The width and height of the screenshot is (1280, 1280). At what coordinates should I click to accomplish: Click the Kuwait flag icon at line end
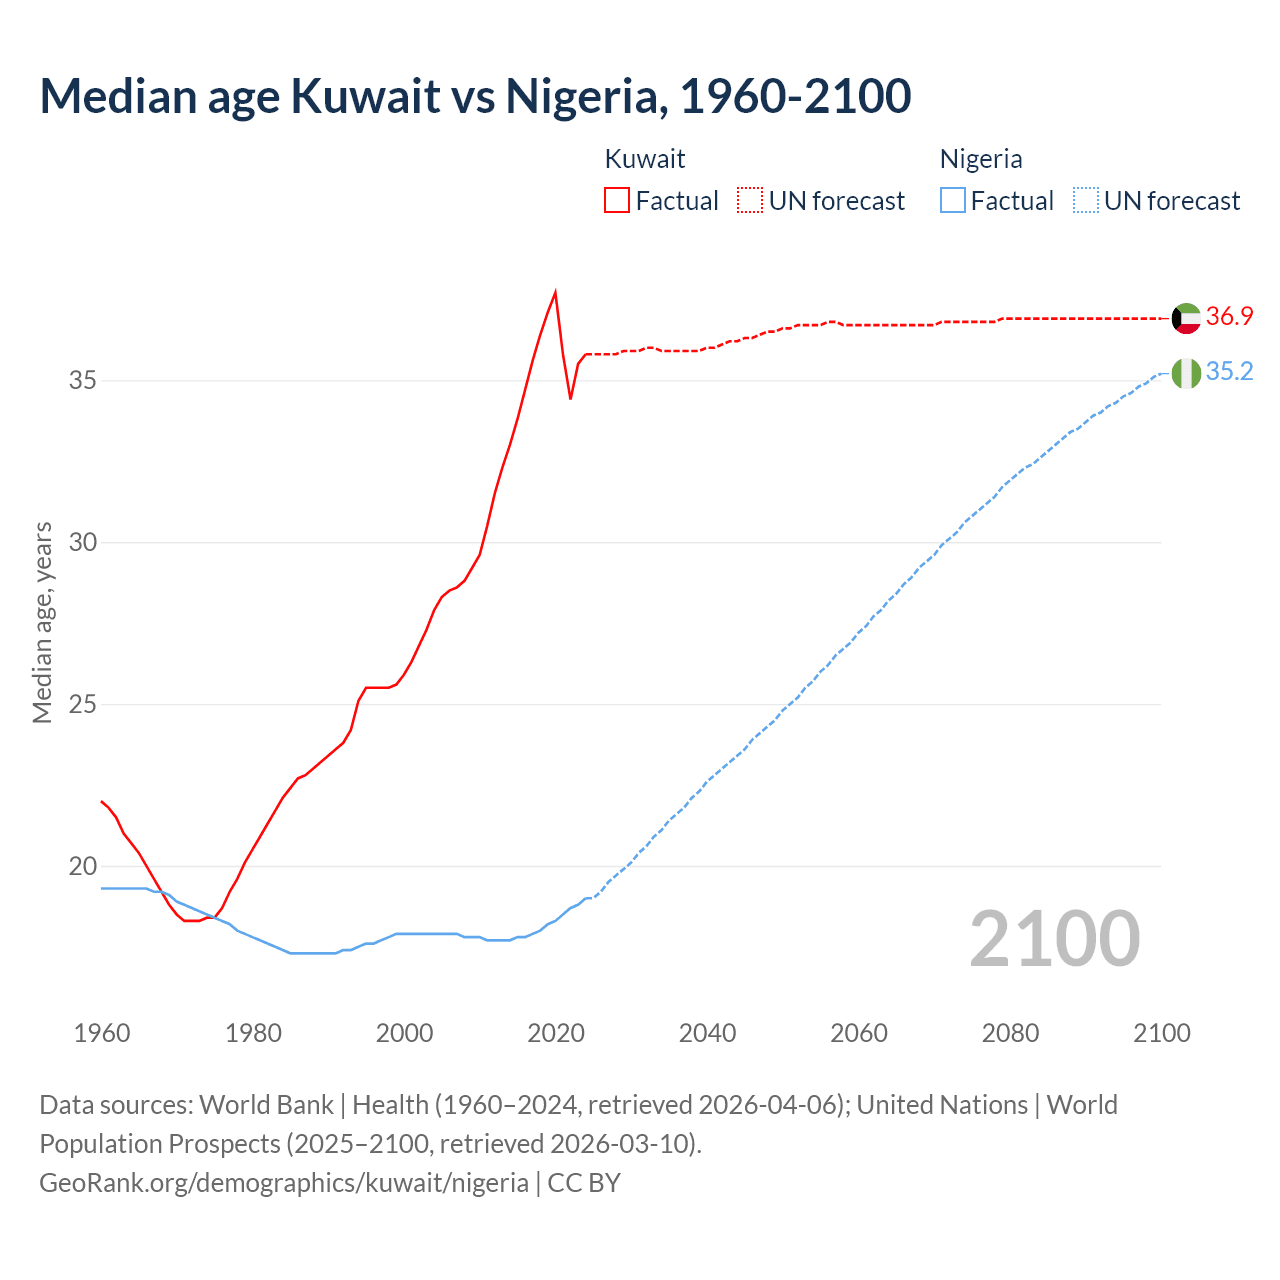(1186, 318)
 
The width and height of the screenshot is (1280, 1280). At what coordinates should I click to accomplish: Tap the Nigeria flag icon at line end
(1186, 373)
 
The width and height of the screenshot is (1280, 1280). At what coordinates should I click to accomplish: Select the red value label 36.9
(1229, 316)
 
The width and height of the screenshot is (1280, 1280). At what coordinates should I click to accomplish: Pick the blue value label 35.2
(1229, 371)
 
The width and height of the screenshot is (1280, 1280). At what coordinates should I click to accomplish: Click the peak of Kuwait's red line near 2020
(555, 292)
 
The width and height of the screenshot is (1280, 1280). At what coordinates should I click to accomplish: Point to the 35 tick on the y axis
(83, 380)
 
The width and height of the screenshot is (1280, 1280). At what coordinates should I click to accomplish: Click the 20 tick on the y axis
(83, 866)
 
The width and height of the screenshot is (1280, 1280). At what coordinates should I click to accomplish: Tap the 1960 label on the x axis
(102, 1033)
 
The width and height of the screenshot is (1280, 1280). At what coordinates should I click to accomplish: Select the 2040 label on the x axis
(707, 1033)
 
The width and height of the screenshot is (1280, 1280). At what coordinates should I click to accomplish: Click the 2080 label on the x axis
(1010, 1033)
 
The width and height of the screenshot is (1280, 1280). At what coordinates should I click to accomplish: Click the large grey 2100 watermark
(1055, 938)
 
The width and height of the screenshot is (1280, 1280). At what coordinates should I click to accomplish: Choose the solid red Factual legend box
(617, 200)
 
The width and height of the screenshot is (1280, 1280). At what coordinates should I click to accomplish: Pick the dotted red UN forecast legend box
(750, 200)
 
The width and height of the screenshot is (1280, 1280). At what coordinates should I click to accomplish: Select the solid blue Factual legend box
(953, 200)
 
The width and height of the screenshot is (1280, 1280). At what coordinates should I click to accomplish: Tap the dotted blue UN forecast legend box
(1086, 200)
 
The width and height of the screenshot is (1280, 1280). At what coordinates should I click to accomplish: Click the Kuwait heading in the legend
(645, 159)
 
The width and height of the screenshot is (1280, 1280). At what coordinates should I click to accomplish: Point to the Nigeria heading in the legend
(981, 159)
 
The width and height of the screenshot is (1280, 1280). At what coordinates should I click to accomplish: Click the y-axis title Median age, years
(42, 622)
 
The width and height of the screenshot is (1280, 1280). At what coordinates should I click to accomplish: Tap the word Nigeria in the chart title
(584, 96)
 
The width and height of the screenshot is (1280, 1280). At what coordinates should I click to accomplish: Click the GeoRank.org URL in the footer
(284, 1183)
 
